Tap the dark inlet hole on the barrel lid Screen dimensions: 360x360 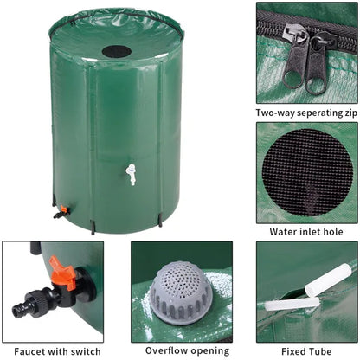coord(117,51)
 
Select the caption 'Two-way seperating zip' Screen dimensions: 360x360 coord(307,112)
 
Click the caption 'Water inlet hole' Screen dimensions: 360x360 coord(307,231)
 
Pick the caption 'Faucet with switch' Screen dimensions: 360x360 coord(52,351)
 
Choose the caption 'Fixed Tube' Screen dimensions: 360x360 coord(307,351)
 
